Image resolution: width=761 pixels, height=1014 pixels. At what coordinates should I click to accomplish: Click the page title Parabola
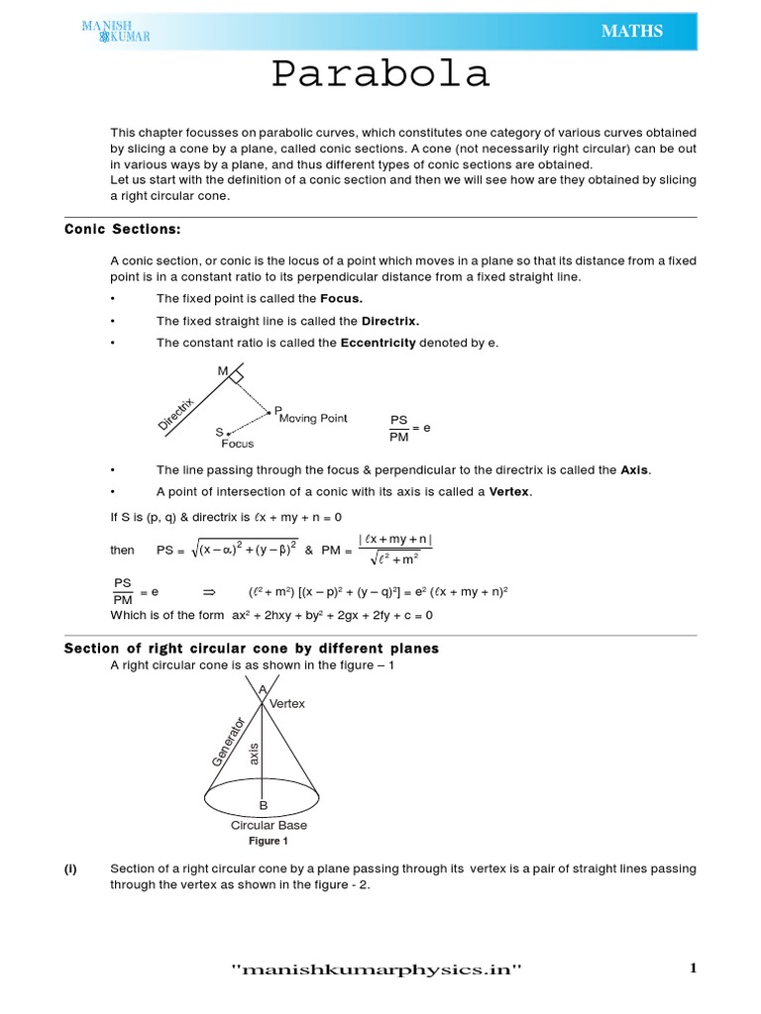[381, 75]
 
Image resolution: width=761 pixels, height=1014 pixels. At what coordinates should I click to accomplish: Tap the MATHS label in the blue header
[631, 32]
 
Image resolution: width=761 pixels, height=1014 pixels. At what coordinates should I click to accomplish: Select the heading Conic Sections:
[123, 229]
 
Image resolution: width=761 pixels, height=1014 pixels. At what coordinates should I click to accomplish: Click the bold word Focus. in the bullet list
[341, 298]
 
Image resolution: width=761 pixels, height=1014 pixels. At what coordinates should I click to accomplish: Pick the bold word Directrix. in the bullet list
[389, 321]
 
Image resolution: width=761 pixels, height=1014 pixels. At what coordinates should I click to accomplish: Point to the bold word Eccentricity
[378, 343]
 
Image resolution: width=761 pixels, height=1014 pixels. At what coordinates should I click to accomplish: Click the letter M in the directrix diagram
[223, 371]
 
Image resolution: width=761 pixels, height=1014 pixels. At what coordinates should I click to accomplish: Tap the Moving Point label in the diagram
[313, 418]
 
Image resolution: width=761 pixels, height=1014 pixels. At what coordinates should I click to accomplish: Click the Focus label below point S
[238, 445]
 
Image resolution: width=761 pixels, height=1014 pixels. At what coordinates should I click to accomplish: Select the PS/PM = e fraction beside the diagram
[408, 428]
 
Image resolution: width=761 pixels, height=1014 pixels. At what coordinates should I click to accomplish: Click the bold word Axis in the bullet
[635, 470]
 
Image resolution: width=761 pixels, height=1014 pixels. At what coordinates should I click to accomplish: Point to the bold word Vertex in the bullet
[510, 492]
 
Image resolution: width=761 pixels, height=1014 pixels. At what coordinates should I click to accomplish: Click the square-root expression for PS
[244, 550]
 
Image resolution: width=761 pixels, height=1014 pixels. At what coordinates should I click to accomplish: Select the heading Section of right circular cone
[252, 649]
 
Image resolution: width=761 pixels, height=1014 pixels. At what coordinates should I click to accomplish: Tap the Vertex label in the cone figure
[287, 703]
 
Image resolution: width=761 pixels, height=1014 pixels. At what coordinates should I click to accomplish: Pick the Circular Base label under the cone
[269, 825]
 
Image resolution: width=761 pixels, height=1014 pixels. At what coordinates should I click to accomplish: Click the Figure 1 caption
[268, 841]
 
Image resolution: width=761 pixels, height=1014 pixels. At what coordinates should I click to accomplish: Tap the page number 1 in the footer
[694, 969]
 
